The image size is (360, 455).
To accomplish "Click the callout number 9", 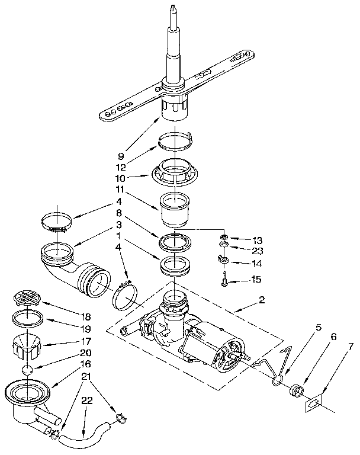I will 121,156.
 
